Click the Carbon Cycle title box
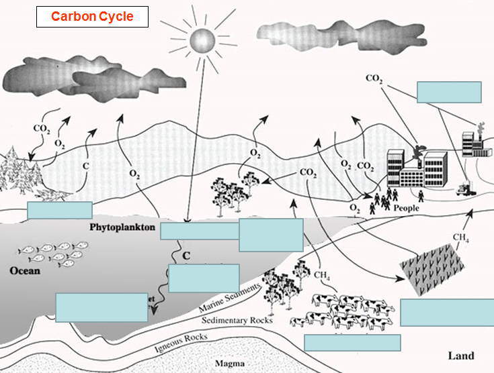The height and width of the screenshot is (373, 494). [x=92, y=16]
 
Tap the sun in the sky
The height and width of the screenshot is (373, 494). [x=200, y=42]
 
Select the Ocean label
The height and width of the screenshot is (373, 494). [x=25, y=271]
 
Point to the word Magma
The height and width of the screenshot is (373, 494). [x=229, y=364]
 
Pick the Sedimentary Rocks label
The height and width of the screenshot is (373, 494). [x=237, y=321]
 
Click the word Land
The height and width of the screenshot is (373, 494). [x=460, y=356]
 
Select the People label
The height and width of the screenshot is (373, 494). [x=407, y=209]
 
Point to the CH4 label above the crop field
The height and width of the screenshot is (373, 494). [x=460, y=237]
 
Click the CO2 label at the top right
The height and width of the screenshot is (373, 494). [x=374, y=78]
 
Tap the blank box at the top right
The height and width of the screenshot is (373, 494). [x=449, y=92]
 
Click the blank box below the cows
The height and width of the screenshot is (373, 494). [x=352, y=342]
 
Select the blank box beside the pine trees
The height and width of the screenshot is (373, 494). [x=59, y=210]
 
